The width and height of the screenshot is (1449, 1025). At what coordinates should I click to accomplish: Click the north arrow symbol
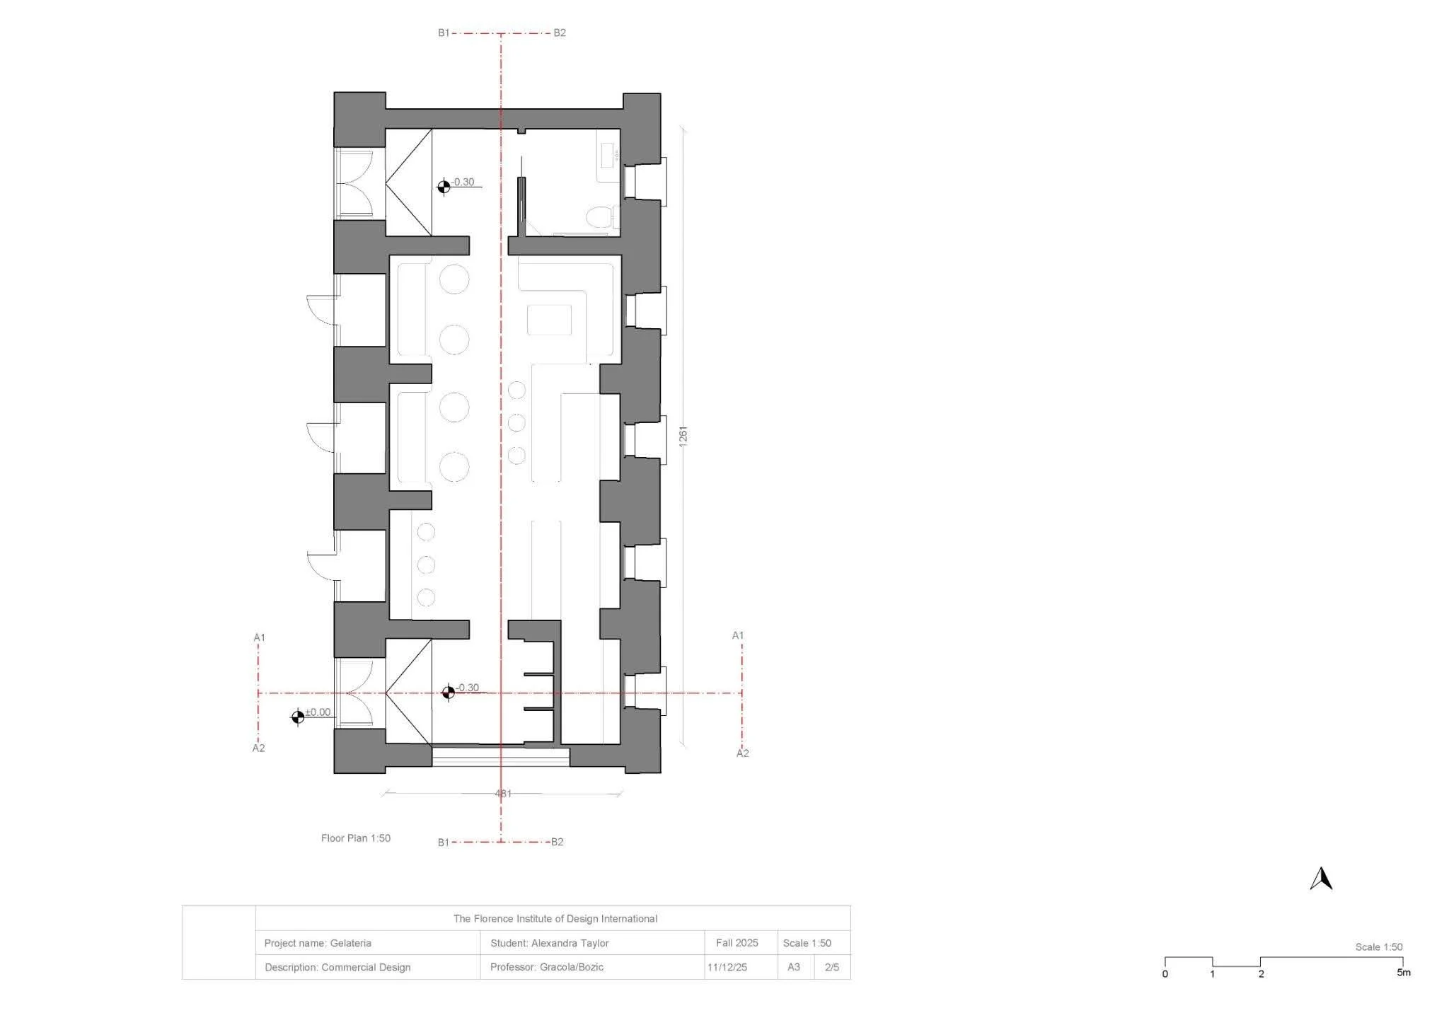(x=1321, y=879)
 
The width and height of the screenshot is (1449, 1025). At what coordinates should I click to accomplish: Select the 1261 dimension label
(x=683, y=436)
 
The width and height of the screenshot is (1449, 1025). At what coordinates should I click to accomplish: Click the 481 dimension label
(x=503, y=794)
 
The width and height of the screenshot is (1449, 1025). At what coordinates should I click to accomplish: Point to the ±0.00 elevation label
(x=318, y=712)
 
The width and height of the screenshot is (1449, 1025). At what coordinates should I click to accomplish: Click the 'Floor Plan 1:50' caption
(x=356, y=838)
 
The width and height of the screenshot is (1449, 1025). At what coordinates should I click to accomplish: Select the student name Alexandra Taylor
(x=570, y=943)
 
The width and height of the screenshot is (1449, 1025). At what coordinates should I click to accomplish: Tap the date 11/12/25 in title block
(x=727, y=967)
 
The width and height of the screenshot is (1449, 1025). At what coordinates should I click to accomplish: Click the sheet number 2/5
(x=832, y=967)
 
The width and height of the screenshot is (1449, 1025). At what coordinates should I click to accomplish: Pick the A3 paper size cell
(x=794, y=967)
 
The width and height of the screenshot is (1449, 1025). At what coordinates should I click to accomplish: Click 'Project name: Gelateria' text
(x=318, y=943)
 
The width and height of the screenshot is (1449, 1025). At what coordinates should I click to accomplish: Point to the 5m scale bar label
(x=1404, y=973)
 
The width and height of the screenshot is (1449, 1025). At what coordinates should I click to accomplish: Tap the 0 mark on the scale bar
(x=1165, y=974)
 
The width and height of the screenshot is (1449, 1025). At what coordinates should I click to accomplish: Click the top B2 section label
(x=560, y=33)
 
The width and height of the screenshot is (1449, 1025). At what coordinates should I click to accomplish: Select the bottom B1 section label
(x=444, y=842)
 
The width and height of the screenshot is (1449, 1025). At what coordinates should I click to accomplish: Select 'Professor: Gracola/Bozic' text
(x=547, y=967)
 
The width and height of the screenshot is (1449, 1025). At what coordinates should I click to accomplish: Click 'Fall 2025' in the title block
(x=737, y=943)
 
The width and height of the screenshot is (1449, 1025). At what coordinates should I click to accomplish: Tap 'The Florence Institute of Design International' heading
(x=555, y=919)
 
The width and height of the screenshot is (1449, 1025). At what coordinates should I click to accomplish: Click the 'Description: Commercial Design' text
(x=337, y=967)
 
